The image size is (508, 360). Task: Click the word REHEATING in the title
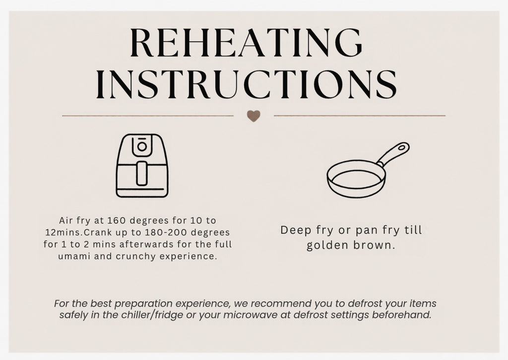click(246, 43)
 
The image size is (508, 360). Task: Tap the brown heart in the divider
click(254, 116)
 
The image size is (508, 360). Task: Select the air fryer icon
click(142, 166)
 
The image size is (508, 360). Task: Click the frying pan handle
click(393, 154)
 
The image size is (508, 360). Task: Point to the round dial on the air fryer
click(142, 147)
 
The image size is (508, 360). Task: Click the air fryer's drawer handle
click(142, 173)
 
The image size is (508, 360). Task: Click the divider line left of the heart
click(148, 116)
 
